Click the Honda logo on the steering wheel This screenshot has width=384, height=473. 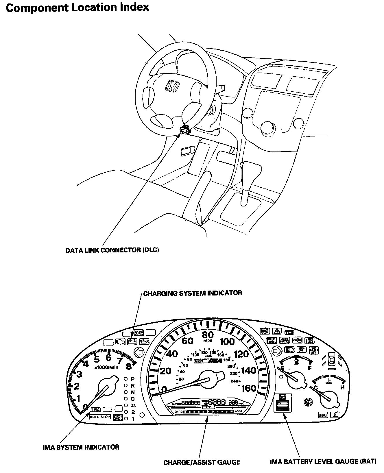tap(172, 86)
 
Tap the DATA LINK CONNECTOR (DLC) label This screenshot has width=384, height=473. tap(112, 250)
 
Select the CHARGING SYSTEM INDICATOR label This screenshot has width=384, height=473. tap(193, 293)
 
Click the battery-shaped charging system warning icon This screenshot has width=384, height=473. tap(133, 342)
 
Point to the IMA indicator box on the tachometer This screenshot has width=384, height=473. tap(95, 409)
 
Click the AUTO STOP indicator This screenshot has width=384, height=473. tap(100, 417)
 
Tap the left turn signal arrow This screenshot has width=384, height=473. tap(139, 353)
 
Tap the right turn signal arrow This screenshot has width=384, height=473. tap(277, 351)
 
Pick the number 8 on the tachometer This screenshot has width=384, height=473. tap(129, 366)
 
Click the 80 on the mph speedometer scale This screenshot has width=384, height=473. tap(208, 335)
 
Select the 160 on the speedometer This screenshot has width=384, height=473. tap(249, 388)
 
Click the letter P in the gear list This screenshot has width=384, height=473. tap(133, 379)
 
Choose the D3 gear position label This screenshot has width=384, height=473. tap(133, 405)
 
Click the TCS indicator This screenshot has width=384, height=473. tap(289, 332)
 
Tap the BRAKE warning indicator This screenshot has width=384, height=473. tap(323, 415)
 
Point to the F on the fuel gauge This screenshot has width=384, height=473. tap(310, 368)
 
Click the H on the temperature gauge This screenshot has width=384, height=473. tap(342, 387)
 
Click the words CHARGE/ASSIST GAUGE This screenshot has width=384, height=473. tap(202, 462)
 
